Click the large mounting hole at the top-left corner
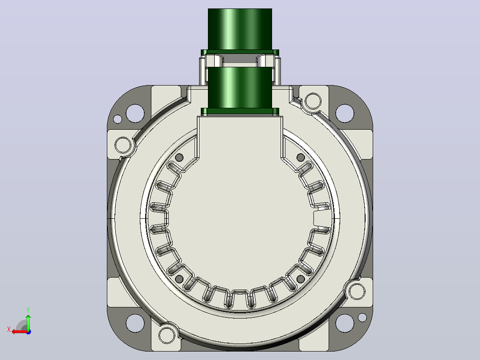(135, 113)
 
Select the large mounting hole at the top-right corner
(345, 113)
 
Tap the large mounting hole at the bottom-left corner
(135, 323)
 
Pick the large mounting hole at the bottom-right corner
(345, 323)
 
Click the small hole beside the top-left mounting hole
(118, 119)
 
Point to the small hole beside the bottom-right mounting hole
(362, 317)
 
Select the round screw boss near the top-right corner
(313, 101)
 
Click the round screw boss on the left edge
(123, 145)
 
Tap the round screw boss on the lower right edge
(357, 291)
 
